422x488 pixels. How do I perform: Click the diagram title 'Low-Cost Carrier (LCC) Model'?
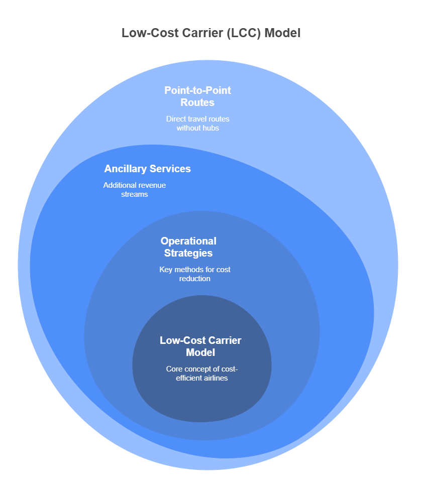(211, 33)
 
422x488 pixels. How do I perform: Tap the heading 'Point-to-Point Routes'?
(197, 96)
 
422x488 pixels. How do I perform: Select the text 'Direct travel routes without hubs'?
(197, 124)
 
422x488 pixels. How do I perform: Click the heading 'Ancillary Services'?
(147, 169)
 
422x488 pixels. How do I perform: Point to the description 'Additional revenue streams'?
(134, 190)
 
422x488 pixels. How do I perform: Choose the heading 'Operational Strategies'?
(188, 247)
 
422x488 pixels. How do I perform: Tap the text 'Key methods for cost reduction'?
(195, 274)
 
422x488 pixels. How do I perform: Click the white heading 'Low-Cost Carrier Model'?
(200, 346)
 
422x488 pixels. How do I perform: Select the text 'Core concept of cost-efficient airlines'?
(201, 373)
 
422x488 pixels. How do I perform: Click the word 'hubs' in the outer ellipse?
(211, 128)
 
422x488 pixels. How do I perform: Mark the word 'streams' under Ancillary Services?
(134, 194)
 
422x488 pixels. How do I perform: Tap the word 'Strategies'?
(188, 253)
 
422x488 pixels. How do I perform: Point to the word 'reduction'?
(195, 278)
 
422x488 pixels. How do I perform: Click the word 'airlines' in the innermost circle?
(214, 378)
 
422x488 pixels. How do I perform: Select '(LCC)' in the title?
(244, 33)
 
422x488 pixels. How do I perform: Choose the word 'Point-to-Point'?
(197, 90)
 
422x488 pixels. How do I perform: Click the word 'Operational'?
(188, 241)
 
